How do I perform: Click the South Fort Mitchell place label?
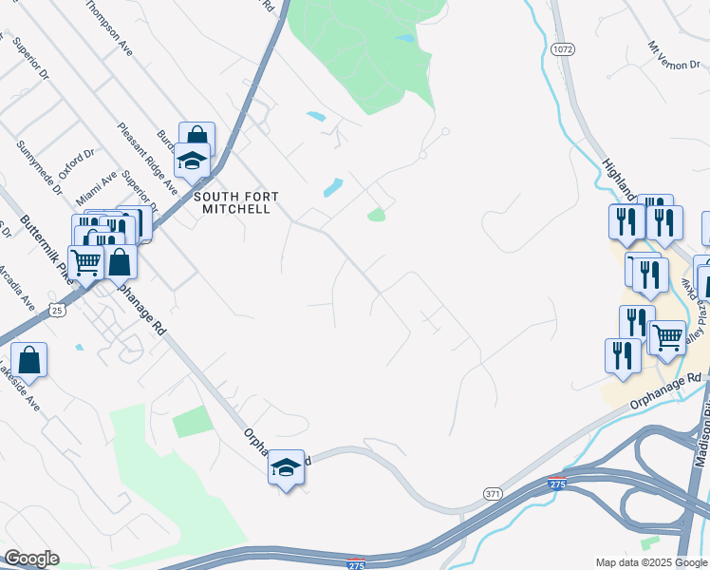tap(236, 202)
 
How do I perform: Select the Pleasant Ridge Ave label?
tap(147, 158)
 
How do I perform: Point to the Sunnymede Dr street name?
tap(38, 166)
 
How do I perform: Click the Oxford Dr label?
tap(77, 162)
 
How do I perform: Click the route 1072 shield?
tap(562, 47)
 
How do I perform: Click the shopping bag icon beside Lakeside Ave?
tap(29, 360)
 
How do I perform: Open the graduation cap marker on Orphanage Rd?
tap(286, 466)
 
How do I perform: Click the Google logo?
tap(31, 559)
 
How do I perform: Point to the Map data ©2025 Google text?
tap(650, 562)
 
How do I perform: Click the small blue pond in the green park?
tap(406, 38)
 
